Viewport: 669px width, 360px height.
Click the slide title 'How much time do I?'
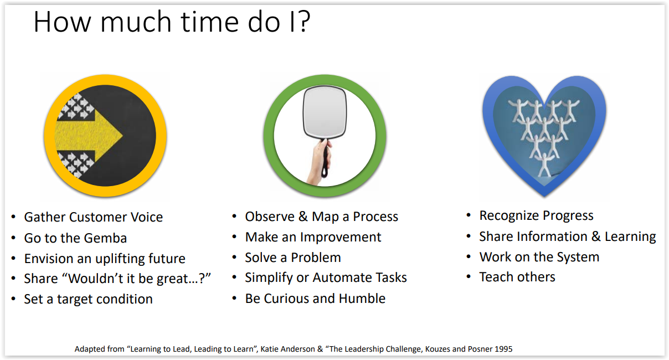[172, 22]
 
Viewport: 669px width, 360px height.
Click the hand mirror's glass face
[325, 111]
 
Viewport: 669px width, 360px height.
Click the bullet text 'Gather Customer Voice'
[94, 217]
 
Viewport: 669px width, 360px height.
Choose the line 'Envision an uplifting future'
[105, 259]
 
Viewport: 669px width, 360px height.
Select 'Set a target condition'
[89, 299]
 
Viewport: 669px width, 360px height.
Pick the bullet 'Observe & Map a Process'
[322, 217]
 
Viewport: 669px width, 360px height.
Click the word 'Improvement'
[341, 237]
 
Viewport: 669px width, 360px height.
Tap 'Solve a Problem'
[293, 258]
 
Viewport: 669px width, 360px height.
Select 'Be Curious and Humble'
[315, 299]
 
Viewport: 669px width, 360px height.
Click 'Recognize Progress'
[537, 215]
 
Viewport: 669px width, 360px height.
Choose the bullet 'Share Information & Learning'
[568, 236]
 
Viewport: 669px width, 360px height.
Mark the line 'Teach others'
[517, 277]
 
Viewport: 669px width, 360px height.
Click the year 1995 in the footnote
[503, 349]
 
